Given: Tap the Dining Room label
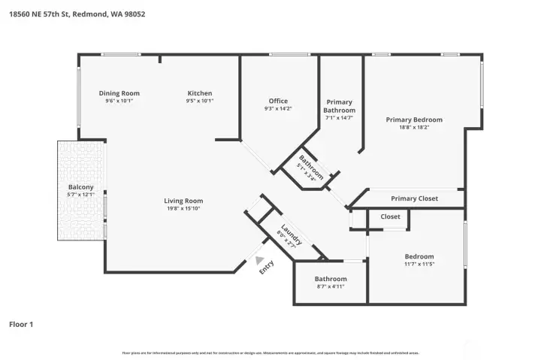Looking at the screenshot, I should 119,93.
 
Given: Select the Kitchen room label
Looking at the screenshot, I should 200,93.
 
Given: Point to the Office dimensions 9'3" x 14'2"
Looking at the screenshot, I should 278,109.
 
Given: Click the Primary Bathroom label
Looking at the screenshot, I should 340,106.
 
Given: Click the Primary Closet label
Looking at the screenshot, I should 414,199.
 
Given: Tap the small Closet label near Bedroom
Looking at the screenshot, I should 390,216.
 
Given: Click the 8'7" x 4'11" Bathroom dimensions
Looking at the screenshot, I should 331,286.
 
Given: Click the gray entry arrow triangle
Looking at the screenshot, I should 260,260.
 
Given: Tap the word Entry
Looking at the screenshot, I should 265,268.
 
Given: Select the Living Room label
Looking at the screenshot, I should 184,201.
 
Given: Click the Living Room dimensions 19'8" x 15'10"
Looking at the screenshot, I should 184,209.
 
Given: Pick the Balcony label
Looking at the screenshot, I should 80,187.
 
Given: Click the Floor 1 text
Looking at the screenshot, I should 21,325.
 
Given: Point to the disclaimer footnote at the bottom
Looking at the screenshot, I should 270,352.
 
